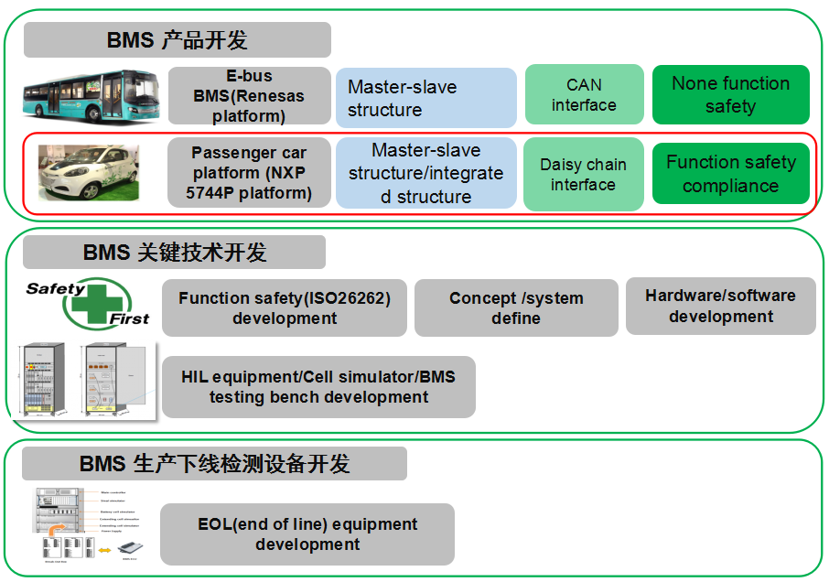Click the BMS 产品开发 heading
pyautogui.click(x=177, y=40)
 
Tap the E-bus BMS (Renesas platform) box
pyautogui.click(x=249, y=96)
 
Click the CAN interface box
pyautogui.click(x=584, y=95)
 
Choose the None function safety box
pyautogui.click(x=730, y=94)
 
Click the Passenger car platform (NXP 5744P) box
pyautogui.click(x=249, y=173)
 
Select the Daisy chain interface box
pyautogui.click(x=583, y=174)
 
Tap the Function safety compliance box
pyautogui.click(x=730, y=174)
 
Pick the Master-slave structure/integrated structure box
pyautogui.click(x=425, y=173)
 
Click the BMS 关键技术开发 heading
pyautogui.click(x=174, y=253)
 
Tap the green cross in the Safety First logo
pyautogui.click(x=98, y=301)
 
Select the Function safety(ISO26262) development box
pyautogui.click(x=285, y=308)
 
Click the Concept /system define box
pyautogui.click(x=516, y=308)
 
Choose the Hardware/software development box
pyautogui.click(x=720, y=306)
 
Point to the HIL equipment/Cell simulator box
pyautogui.click(x=318, y=387)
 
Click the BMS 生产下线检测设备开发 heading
pyautogui.click(x=214, y=464)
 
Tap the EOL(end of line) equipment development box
pyautogui.click(x=307, y=534)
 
